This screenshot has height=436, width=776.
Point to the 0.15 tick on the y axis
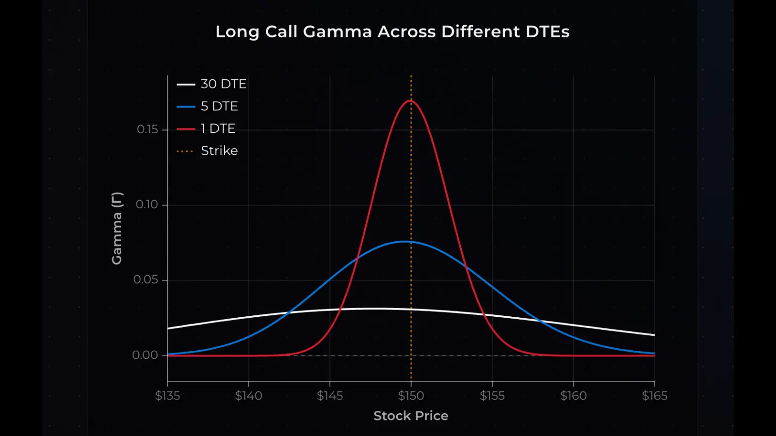(147, 129)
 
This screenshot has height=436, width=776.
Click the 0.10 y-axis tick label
(147, 204)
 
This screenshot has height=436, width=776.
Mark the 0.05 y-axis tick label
(145, 280)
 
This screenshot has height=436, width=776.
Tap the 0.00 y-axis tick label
(145, 355)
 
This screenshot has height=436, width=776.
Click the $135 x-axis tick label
(167, 396)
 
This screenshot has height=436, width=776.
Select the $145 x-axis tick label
(330, 396)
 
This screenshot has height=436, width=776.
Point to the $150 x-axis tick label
(411, 396)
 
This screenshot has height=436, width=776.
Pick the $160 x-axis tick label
(573, 396)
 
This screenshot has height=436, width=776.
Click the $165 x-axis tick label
(654, 396)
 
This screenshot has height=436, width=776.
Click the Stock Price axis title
(411, 416)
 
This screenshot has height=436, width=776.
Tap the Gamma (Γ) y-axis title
(117, 228)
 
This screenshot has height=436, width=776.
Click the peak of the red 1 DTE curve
(411, 100)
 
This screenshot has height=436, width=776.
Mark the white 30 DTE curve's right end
(654, 335)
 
